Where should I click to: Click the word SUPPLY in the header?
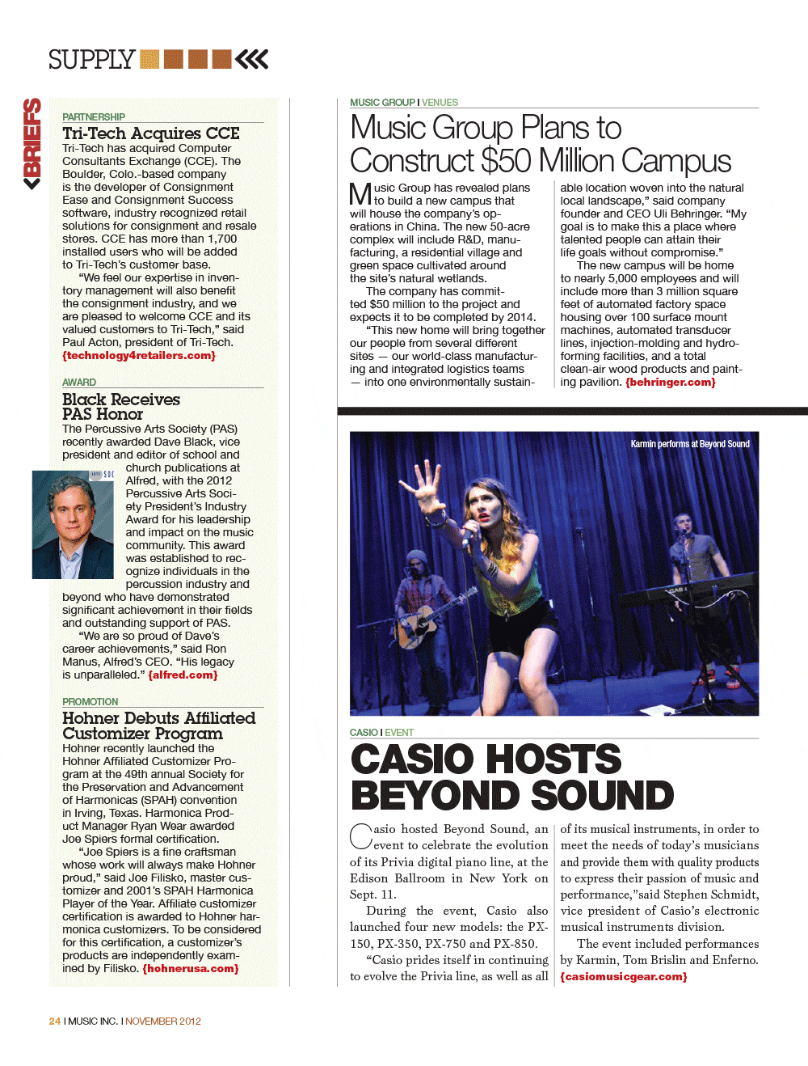pyautogui.click(x=91, y=60)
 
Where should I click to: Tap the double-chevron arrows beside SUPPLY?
pyautogui.click(x=252, y=59)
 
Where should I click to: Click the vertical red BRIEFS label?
pyautogui.click(x=32, y=143)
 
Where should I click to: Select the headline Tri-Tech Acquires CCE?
pyautogui.click(x=151, y=133)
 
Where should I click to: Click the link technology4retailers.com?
pyautogui.click(x=139, y=356)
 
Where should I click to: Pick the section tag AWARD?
pyautogui.click(x=79, y=383)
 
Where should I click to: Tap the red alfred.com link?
pyautogui.click(x=183, y=675)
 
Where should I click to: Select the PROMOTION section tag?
pyautogui.click(x=90, y=702)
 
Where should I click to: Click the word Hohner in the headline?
pyautogui.click(x=90, y=718)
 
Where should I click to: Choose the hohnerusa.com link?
pyautogui.click(x=191, y=969)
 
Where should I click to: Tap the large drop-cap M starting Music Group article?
pyautogui.click(x=360, y=194)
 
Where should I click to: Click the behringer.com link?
pyautogui.click(x=671, y=383)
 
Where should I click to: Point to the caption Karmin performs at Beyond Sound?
pyautogui.click(x=690, y=444)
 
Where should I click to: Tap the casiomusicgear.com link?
pyautogui.click(x=624, y=977)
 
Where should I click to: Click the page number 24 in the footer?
pyautogui.click(x=55, y=1022)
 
